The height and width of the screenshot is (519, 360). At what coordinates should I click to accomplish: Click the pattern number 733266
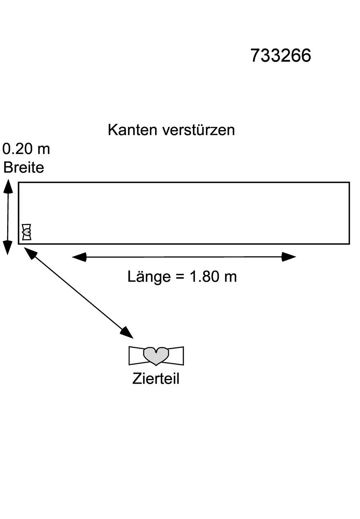pyautogui.click(x=280, y=55)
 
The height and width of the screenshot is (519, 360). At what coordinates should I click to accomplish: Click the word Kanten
pyautogui.click(x=133, y=130)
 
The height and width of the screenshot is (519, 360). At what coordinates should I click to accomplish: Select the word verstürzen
pyautogui.click(x=199, y=130)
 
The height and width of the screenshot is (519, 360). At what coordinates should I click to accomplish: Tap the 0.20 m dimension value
pyautogui.click(x=26, y=149)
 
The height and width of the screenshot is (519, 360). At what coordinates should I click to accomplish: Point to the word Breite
pyautogui.click(x=24, y=167)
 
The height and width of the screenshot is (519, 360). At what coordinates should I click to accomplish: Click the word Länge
pyautogui.click(x=149, y=277)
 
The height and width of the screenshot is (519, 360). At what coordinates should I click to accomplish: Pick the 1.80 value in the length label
pyautogui.click(x=204, y=277)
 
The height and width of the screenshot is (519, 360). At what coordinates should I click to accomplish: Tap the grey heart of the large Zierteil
pyautogui.click(x=156, y=356)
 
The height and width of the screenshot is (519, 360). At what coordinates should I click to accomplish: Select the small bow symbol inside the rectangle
pyautogui.click(x=26, y=232)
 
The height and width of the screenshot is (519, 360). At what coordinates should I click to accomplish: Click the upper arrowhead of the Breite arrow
pyautogui.click(x=8, y=186)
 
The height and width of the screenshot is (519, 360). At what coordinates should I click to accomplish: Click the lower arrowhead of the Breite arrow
pyautogui.click(x=8, y=248)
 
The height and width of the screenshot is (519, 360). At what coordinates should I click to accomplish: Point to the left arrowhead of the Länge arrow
pyautogui.click(x=80, y=257)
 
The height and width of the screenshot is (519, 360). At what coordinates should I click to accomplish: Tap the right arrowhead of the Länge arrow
pyautogui.click(x=289, y=257)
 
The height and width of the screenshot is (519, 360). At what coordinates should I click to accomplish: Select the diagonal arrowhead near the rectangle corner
pyautogui.click(x=30, y=253)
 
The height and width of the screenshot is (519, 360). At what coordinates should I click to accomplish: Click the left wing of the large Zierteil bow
pyautogui.click(x=136, y=356)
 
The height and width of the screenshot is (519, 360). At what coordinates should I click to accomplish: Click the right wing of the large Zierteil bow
pyautogui.click(x=176, y=356)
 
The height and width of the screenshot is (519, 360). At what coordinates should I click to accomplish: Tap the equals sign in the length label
pyautogui.click(x=180, y=277)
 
